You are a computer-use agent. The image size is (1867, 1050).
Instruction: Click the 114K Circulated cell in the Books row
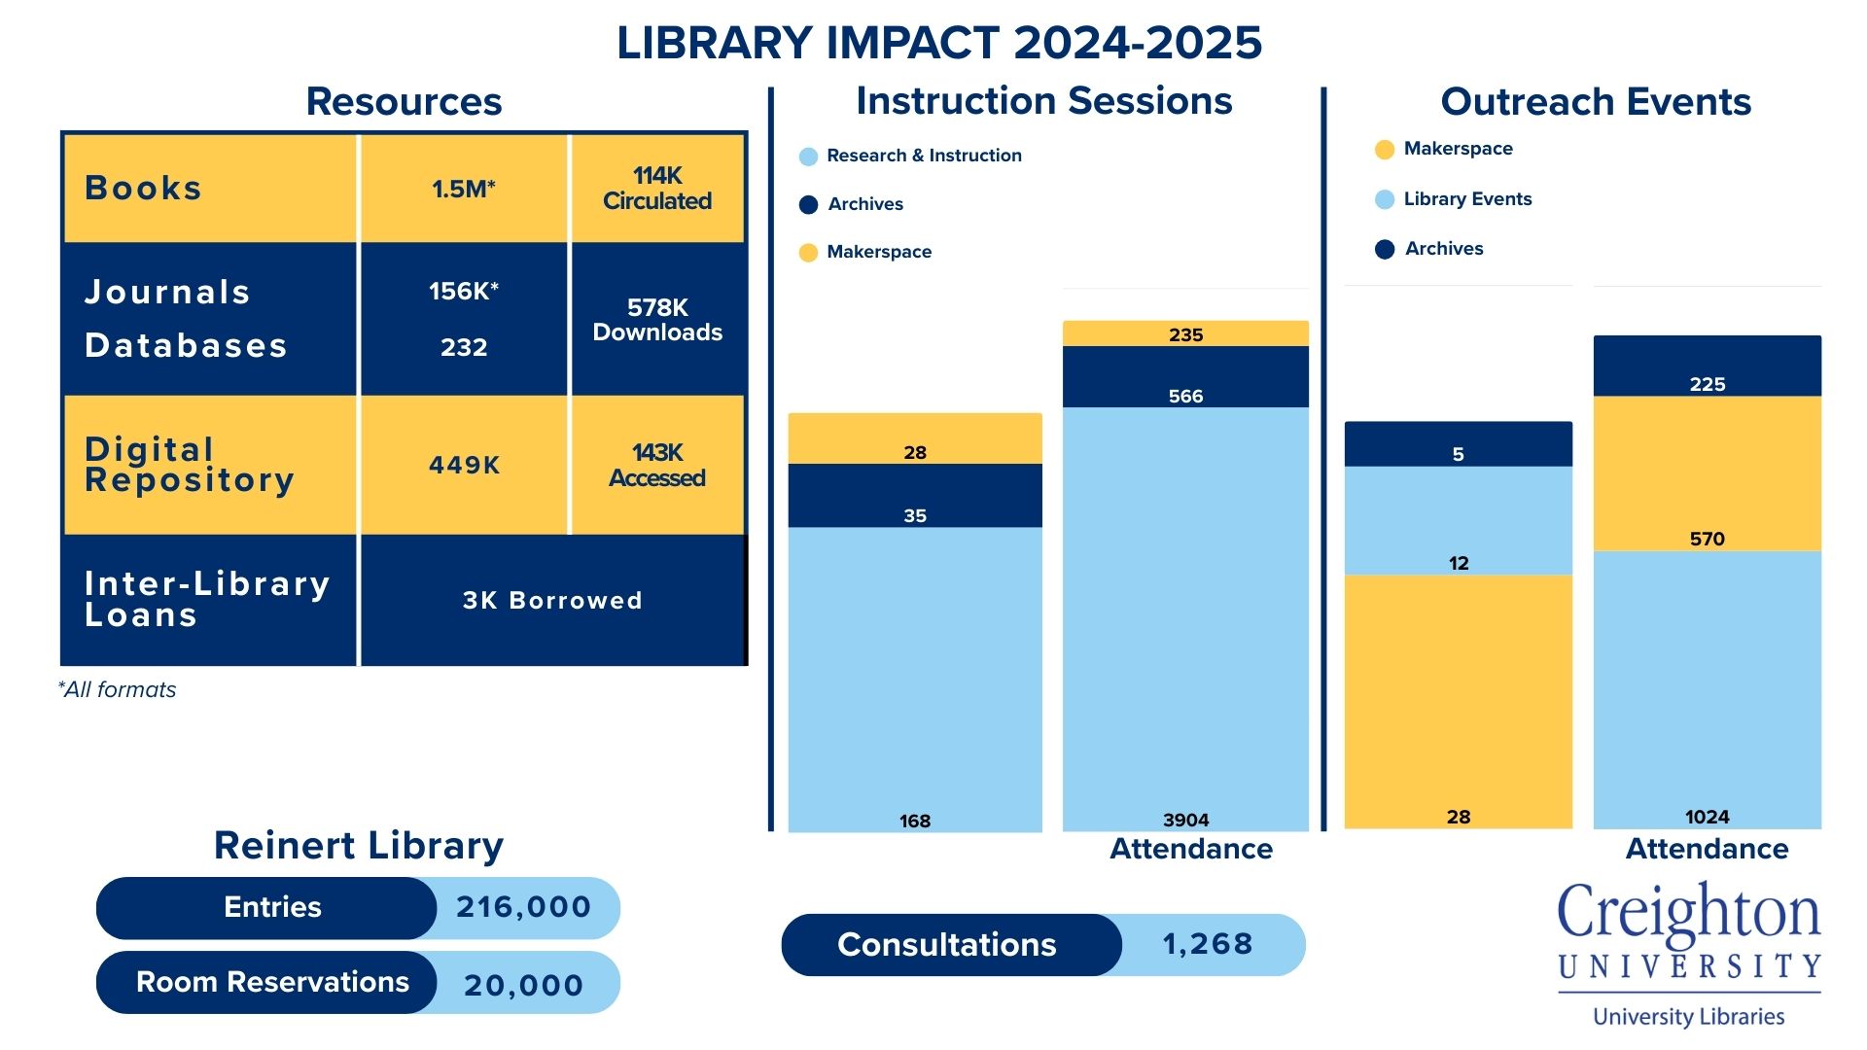click(657, 189)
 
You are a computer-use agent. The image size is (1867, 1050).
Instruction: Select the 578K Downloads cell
click(657, 320)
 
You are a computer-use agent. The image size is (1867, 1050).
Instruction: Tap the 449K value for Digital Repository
click(464, 466)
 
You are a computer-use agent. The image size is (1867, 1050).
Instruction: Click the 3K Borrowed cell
click(551, 601)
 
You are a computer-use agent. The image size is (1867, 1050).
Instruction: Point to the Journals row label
click(167, 292)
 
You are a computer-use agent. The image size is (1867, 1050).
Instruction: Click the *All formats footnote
click(118, 690)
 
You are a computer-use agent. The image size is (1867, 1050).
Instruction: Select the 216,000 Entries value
click(524, 907)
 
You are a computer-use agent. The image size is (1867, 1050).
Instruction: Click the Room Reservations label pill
click(271, 982)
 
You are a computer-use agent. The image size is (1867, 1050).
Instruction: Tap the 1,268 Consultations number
click(1208, 944)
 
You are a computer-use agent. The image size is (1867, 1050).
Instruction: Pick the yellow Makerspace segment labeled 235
click(1185, 334)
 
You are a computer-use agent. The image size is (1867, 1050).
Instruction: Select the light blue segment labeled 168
click(914, 681)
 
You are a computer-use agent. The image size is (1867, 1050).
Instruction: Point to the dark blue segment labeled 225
click(1707, 367)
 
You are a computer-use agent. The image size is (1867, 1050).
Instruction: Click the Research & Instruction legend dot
click(808, 157)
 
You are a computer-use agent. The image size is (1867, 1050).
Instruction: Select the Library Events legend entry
click(1466, 199)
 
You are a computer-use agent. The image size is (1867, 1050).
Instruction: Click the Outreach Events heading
click(1595, 102)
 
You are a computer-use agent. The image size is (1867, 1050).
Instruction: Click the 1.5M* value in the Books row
click(464, 189)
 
